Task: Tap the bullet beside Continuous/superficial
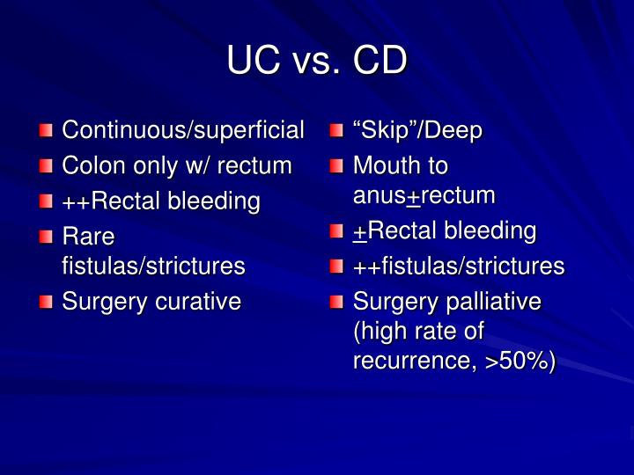(x=46, y=132)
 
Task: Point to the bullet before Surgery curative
(x=46, y=303)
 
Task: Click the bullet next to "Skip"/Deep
(x=337, y=132)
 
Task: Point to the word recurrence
(x=413, y=361)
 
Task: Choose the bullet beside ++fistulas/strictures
(x=337, y=266)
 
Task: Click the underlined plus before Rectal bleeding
(x=359, y=231)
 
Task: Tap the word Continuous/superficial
(x=183, y=131)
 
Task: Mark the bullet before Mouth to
(x=337, y=166)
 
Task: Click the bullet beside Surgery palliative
(x=337, y=303)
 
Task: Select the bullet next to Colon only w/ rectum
(x=46, y=166)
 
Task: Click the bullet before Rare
(x=46, y=237)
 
